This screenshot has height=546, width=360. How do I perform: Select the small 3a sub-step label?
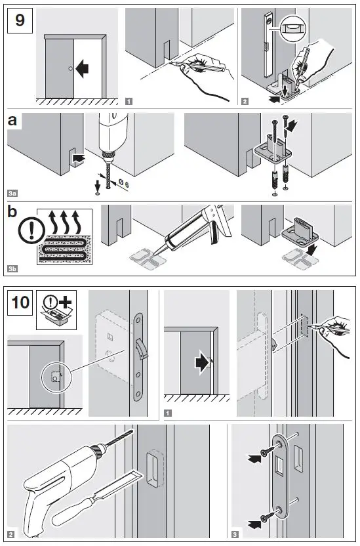[13, 193]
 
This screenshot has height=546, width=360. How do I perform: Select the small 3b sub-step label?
[13, 269]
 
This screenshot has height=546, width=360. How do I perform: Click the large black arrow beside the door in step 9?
[83, 67]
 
